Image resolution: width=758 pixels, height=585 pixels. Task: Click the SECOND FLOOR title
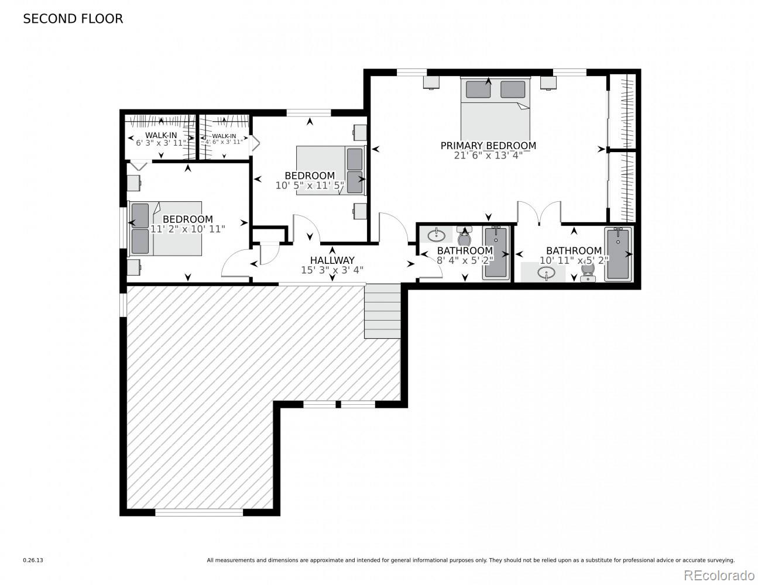[73, 19]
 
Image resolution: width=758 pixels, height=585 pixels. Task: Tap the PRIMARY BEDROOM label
[488, 146]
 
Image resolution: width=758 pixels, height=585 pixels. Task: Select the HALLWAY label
[332, 260]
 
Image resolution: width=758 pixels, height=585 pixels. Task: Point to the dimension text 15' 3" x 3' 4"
[332, 270]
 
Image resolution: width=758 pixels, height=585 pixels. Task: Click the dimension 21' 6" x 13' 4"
[488, 156]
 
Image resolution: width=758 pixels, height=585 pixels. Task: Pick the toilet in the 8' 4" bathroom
[465, 238]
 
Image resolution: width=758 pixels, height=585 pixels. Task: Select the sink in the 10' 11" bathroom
[546, 273]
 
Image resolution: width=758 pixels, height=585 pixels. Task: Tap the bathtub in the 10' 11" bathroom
[618, 254]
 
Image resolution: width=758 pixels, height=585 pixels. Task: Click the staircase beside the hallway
[382, 311]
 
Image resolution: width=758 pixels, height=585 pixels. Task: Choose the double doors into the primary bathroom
[539, 214]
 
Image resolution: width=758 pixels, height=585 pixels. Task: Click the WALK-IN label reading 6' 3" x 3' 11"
[161, 139]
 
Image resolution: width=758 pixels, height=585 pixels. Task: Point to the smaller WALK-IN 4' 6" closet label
[224, 139]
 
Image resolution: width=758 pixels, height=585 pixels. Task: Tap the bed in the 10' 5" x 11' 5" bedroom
[330, 170]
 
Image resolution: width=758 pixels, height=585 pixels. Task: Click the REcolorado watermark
[719, 574]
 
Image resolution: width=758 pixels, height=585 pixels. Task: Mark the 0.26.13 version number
[33, 560]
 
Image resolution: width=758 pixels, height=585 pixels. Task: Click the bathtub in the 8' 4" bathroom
[495, 253]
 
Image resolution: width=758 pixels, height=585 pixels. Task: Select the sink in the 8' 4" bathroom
[435, 235]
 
